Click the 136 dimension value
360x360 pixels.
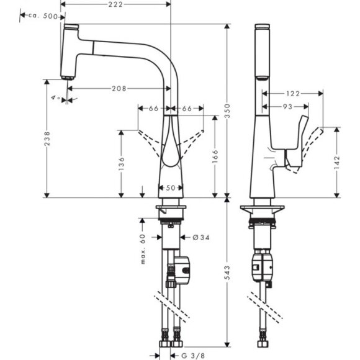pyautogui.click(x=122, y=163)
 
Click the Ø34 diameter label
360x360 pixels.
pyautogui.click(x=192, y=237)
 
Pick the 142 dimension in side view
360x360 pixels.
pyautogui.click(x=338, y=161)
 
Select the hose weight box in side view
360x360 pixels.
pyautogui.click(x=260, y=267)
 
